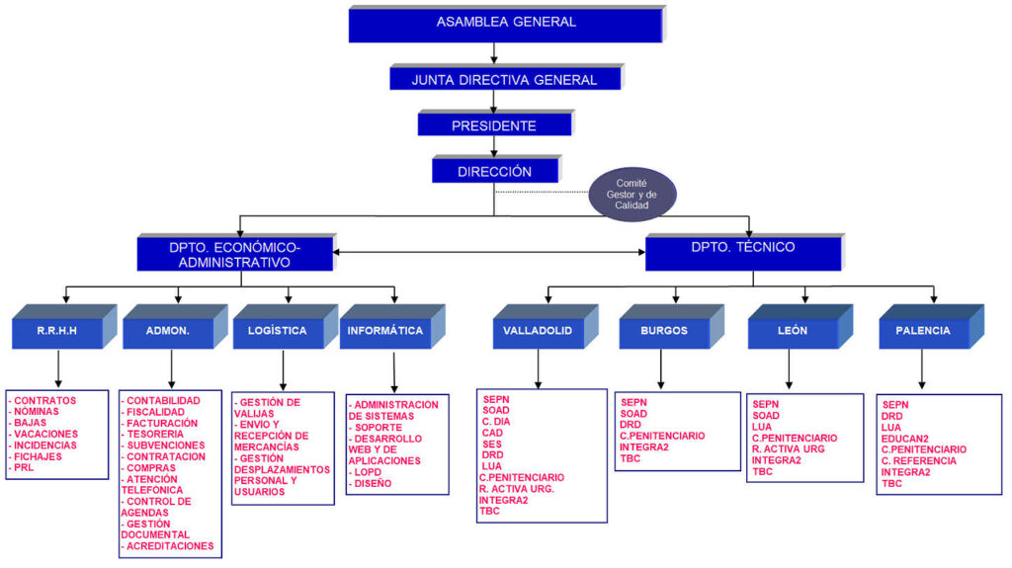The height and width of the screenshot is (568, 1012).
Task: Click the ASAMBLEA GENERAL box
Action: click(505, 23)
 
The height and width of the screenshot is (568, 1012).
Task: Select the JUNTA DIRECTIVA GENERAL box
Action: click(504, 80)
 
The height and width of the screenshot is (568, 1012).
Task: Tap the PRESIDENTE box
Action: click(494, 125)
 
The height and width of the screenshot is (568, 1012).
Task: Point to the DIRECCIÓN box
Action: click(494, 171)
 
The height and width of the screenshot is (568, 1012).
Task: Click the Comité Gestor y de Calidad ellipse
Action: click(632, 193)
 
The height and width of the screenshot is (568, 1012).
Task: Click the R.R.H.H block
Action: click(57, 331)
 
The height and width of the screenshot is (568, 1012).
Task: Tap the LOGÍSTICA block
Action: click(277, 331)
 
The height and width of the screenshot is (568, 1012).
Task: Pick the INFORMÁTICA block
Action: click(385, 331)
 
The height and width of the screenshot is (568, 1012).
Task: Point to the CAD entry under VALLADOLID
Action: click(493, 433)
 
